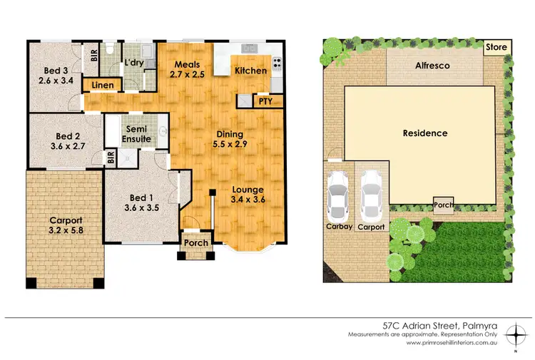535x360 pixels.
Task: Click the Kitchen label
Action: point(250,71)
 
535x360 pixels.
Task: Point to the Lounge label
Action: point(248,189)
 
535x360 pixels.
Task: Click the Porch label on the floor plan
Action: point(195,242)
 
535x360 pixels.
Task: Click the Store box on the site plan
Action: point(496,48)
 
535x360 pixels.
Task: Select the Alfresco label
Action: point(434,64)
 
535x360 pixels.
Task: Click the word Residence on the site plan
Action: point(425,133)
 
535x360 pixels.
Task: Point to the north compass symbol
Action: point(515,334)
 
